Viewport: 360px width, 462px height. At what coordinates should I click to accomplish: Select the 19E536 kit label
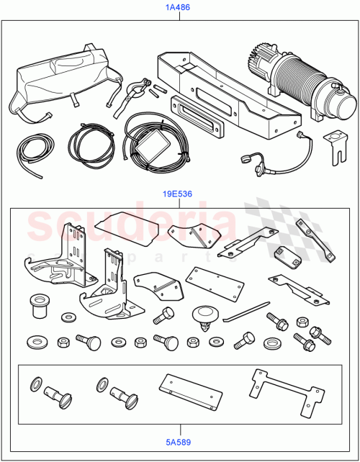pyautogui.click(x=179, y=194)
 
